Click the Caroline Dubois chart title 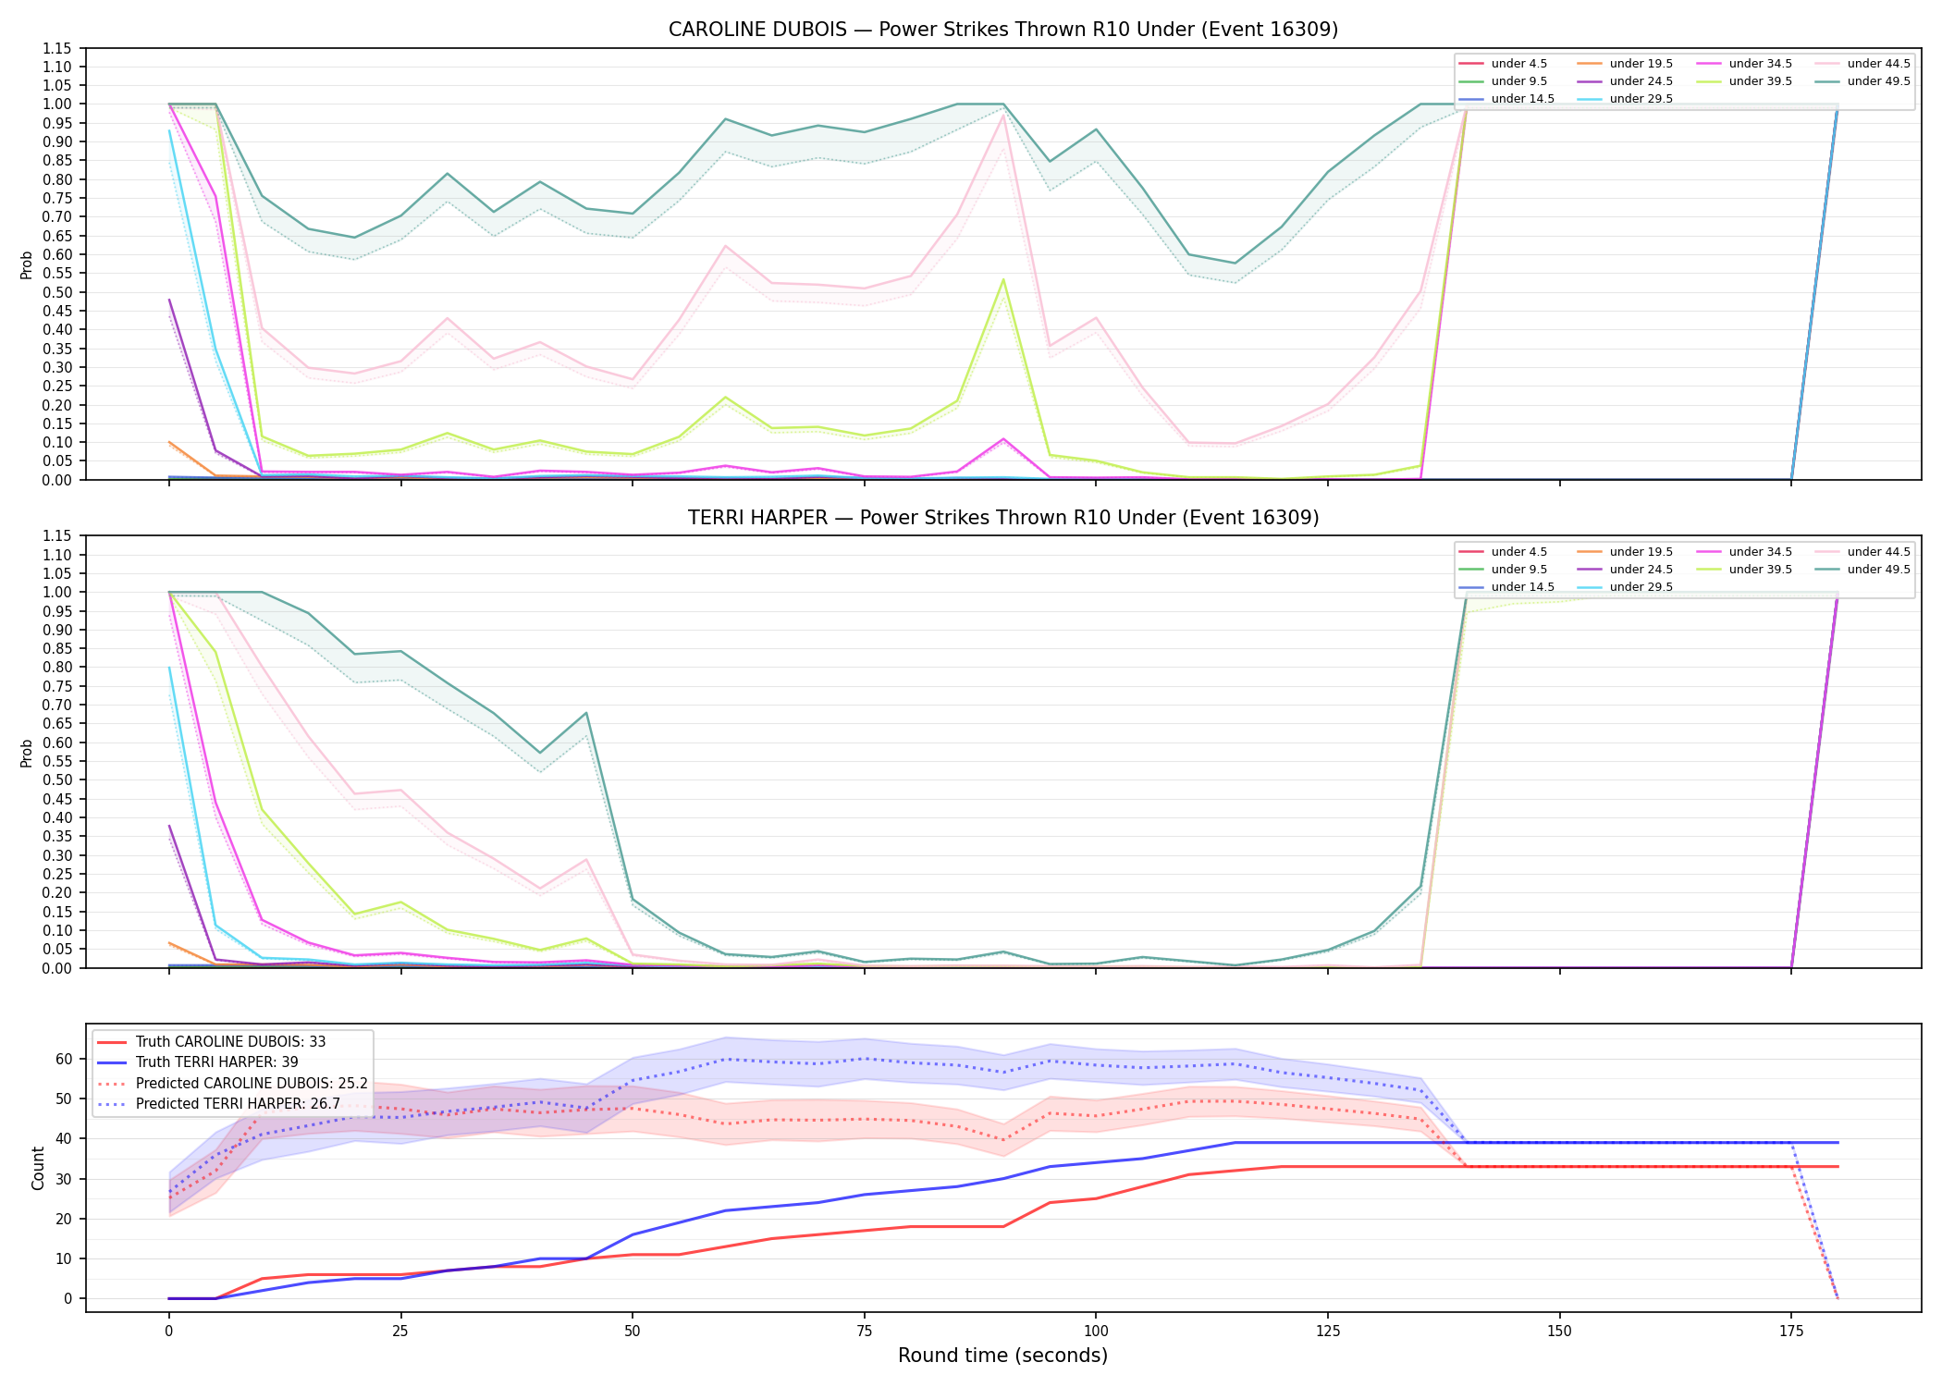[x=1003, y=30]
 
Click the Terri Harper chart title [x=1003, y=518]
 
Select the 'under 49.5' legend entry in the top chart [x=1864, y=81]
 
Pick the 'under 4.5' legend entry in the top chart [x=1503, y=64]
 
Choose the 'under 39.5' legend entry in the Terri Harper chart [x=1744, y=570]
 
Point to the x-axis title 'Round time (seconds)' [x=1002, y=1356]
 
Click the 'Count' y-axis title [x=38, y=1168]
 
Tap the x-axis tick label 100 [x=1095, y=1332]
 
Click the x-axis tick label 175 [x=1791, y=1332]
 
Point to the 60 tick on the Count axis [x=64, y=1059]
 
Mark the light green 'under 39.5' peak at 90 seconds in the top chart [x=1003, y=279]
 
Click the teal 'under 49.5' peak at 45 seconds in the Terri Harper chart [x=586, y=713]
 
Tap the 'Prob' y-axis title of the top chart [x=27, y=264]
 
